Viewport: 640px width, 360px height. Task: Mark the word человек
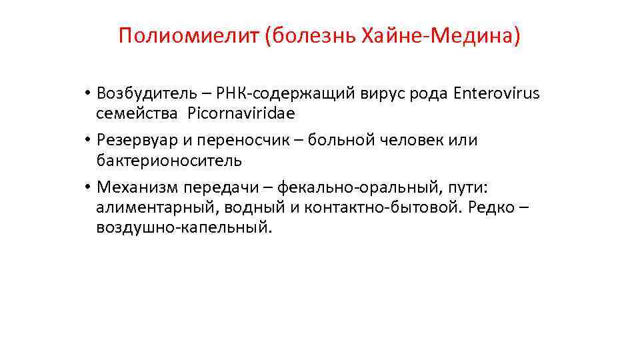(407, 141)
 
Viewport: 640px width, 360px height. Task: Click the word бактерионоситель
(169, 161)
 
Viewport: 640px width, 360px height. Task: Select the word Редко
(491, 207)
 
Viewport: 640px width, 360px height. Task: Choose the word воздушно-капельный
(184, 227)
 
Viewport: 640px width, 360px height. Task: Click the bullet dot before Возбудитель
(87, 94)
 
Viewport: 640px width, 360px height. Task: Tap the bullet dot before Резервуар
(87, 141)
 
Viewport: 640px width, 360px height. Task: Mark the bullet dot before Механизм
(87, 188)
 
